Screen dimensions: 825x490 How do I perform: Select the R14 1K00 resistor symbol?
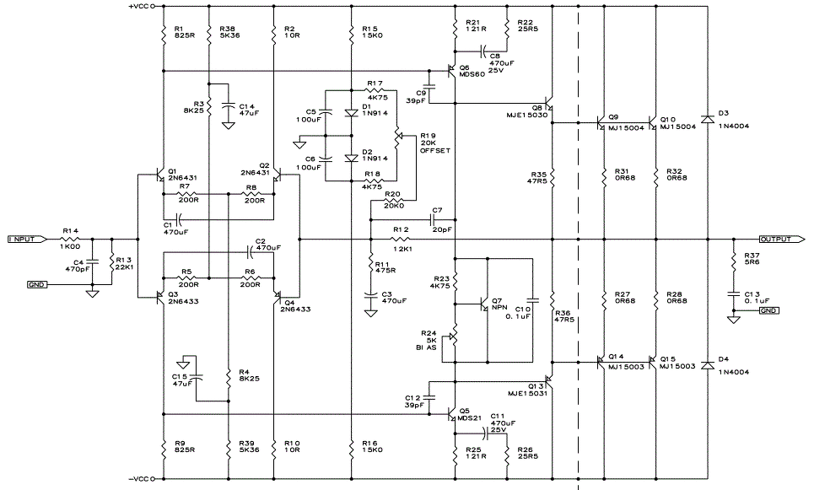pos(71,240)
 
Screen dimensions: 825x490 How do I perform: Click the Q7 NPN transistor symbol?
pos(483,304)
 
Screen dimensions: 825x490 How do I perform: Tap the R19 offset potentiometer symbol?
pos(397,137)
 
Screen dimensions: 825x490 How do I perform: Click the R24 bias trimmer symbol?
pos(454,337)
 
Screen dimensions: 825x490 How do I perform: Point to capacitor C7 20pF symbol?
pos(437,220)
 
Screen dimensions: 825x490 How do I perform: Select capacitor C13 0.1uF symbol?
pos(733,293)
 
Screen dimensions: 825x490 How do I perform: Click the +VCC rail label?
pos(142,6)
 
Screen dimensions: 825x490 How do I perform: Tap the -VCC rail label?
pos(142,479)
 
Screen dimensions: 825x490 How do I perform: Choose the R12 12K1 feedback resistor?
pos(402,240)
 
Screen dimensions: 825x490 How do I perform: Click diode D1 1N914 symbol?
pos(351,112)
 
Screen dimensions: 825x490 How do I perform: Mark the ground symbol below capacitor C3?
pos(370,314)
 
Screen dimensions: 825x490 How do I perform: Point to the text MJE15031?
pos(527,393)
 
